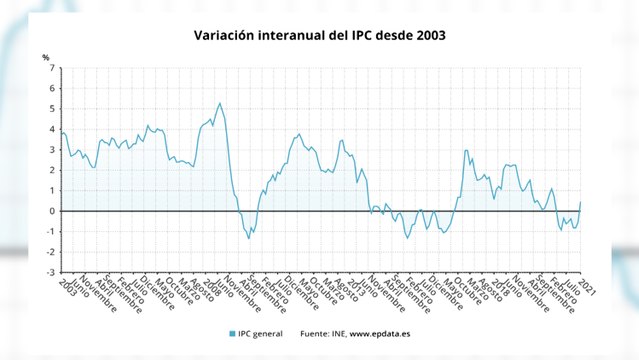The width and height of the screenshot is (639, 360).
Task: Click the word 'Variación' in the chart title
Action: tap(225, 36)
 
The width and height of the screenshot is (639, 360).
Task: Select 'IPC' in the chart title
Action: tap(363, 36)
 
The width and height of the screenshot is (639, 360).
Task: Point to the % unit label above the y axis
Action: tap(45, 56)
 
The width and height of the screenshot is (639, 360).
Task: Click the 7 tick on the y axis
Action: tap(52, 69)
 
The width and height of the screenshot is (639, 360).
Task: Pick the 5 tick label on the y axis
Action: tap(52, 109)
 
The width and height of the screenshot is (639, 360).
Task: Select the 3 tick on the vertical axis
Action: tap(52, 150)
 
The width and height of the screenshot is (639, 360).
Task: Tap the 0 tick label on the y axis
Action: tap(52, 211)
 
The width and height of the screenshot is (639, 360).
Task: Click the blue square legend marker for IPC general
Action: tap(232, 333)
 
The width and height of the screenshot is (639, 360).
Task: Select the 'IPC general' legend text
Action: tap(262, 333)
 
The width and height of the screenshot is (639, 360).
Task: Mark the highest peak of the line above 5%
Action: tap(220, 103)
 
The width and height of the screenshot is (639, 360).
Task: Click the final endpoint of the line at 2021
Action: tap(581, 202)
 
